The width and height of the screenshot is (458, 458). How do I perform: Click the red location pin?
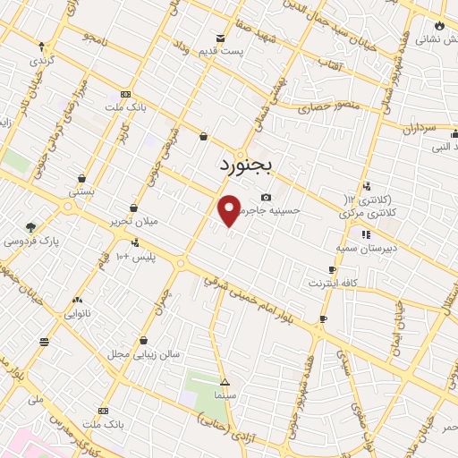[229, 208]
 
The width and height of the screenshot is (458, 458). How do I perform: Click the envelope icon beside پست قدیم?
[221, 38]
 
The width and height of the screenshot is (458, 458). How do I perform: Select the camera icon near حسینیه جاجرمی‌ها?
[265, 198]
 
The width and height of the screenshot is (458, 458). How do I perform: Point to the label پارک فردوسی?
[30, 242]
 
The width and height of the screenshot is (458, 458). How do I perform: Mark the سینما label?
[225, 394]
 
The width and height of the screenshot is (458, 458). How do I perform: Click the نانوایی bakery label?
[76, 315]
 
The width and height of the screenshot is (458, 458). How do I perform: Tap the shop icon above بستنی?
[82, 178]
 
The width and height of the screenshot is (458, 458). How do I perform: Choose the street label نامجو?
[93, 37]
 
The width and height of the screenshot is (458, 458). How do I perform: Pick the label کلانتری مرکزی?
[366, 214]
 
